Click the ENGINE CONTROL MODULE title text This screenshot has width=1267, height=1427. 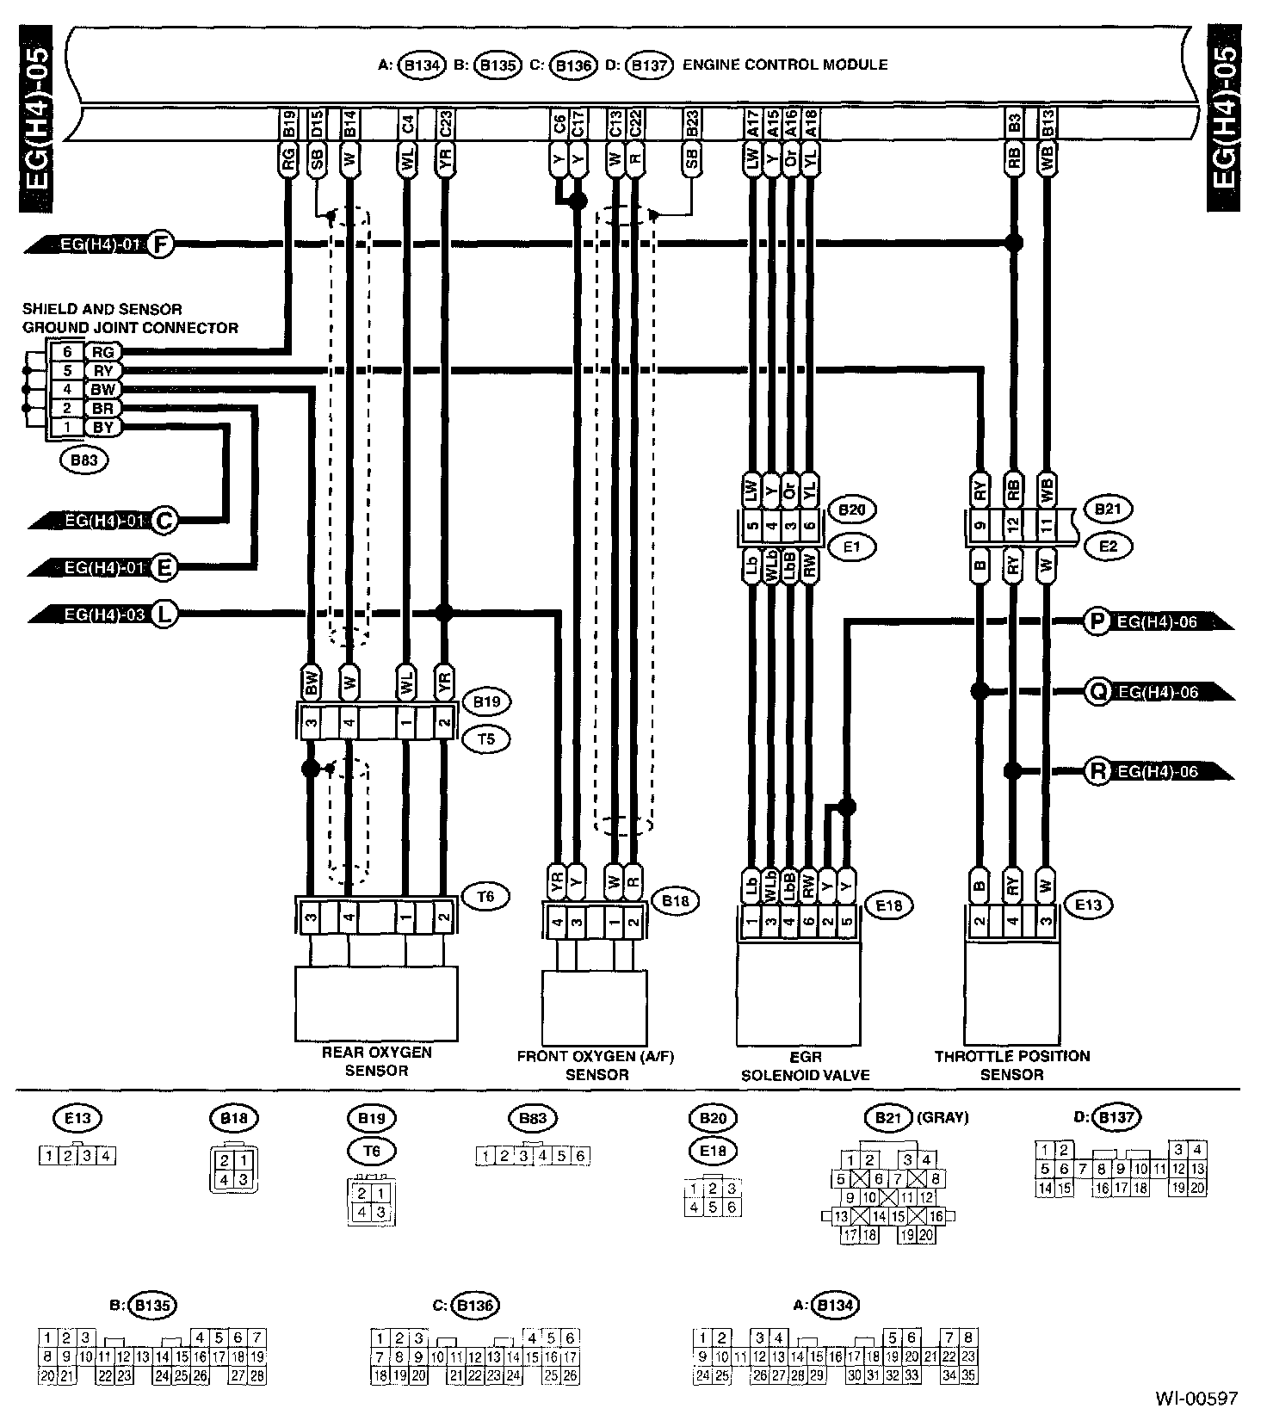tap(785, 65)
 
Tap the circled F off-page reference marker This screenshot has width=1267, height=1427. tap(160, 245)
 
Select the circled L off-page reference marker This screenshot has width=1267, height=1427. tap(164, 614)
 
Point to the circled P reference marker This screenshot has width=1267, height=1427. tap(1096, 621)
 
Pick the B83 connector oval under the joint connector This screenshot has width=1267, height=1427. tap(83, 460)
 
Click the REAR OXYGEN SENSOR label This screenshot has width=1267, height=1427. tap(376, 1061)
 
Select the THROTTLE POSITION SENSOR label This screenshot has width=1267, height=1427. tap(1012, 1065)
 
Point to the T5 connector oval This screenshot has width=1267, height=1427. tap(486, 738)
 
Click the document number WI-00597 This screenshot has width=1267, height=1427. tap(1196, 1398)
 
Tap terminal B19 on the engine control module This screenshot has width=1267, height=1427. tap(289, 126)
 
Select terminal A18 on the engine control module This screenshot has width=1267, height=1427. tap(810, 126)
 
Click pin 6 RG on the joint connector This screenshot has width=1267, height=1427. tap(86, 352)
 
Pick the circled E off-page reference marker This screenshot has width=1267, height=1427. tap(164, 567)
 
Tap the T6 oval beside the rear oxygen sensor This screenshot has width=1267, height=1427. tap(486, 897)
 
